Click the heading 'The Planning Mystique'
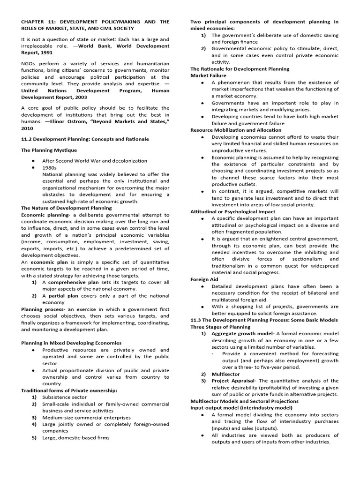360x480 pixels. point(48,150)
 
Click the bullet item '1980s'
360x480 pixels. point(49,167)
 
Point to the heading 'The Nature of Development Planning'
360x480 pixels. point(66,208)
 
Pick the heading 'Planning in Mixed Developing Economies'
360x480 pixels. point(71,343)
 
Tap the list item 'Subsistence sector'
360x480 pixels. point(64,397)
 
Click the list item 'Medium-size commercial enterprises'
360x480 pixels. point(86,417)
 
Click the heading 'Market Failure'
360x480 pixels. point(208,75)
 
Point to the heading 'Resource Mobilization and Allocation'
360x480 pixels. point(236,130)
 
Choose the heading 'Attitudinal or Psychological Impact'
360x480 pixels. point(232,211)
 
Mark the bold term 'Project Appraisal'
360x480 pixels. point(233,381)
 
